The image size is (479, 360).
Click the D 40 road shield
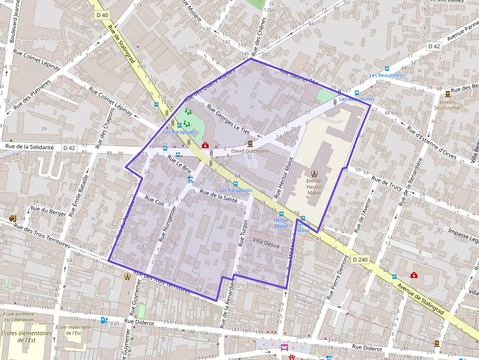102,16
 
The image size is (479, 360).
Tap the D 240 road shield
360,259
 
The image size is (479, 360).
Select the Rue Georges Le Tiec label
228,119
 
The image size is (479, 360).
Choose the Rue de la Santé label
218,196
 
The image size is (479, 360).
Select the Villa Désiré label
266,243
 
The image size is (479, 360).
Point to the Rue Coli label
155,200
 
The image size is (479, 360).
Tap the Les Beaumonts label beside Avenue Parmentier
387,75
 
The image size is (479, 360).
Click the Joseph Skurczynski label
448,105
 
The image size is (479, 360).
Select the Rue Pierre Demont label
338,277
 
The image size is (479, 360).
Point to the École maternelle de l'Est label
74,330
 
